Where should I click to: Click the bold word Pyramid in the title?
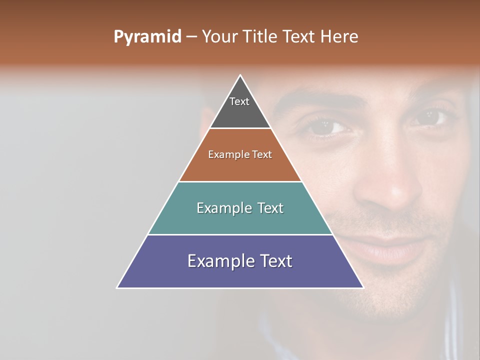pos(147,37)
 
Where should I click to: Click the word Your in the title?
pos(219,37)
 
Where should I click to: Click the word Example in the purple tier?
pos(216,261)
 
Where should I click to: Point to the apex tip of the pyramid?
pos(240,75)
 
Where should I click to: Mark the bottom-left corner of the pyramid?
pos(117,287)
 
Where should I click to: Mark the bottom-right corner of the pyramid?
pos(363,287)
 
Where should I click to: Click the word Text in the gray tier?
pos(239,101)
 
